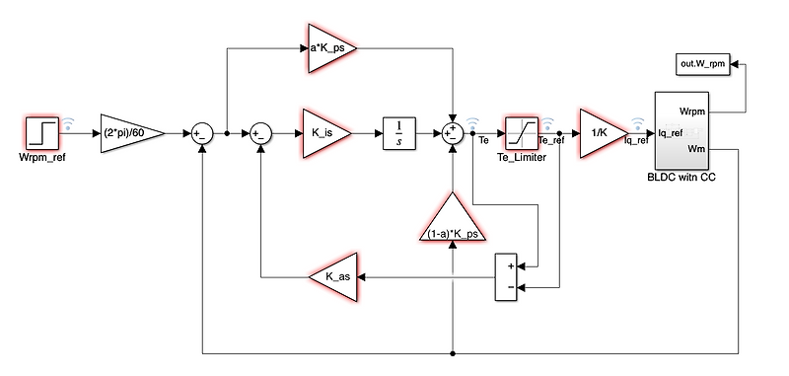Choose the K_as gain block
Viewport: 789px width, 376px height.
pos(333,277)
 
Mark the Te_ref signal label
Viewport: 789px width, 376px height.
pos(554,141)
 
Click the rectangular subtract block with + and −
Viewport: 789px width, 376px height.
pos(508,277)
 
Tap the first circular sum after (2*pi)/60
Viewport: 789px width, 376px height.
pos(201,132)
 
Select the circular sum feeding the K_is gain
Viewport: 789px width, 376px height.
pos(260,132)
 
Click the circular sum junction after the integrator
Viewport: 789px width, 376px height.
pos(452,132)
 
